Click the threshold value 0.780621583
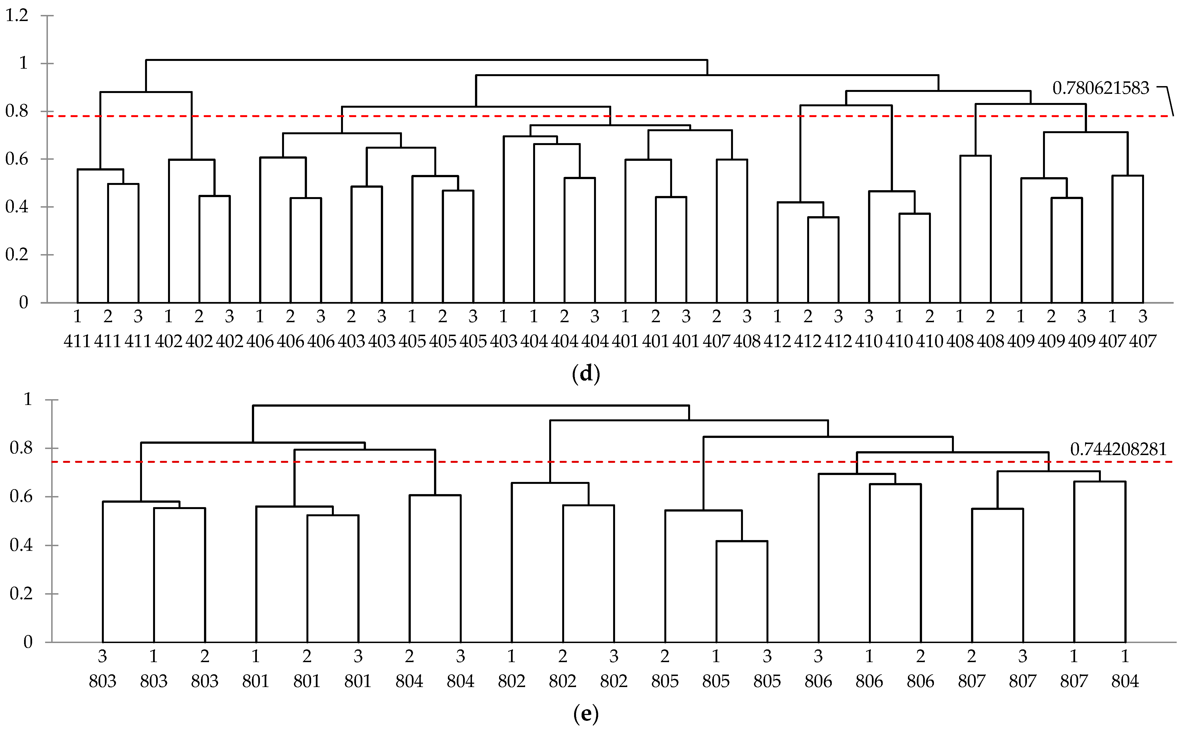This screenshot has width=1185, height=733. point(1100,88)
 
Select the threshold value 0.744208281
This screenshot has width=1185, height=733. point(1118,449)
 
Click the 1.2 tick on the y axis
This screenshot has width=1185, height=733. point(17,16)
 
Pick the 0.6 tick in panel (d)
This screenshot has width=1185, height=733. point(17,159)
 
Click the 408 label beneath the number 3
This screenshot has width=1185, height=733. point(747,341)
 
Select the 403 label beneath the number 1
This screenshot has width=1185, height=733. point(503,341)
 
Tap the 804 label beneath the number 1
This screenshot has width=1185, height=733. point(1125,681)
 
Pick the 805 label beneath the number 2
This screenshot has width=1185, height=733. point(665,681)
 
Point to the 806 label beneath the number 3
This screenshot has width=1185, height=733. point(818,681)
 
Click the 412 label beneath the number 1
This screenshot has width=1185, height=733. point(777,341)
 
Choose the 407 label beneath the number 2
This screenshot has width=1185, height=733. point(716,341)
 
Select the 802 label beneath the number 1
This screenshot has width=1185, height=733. point(511,681)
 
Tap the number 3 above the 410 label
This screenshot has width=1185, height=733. point(869,317)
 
